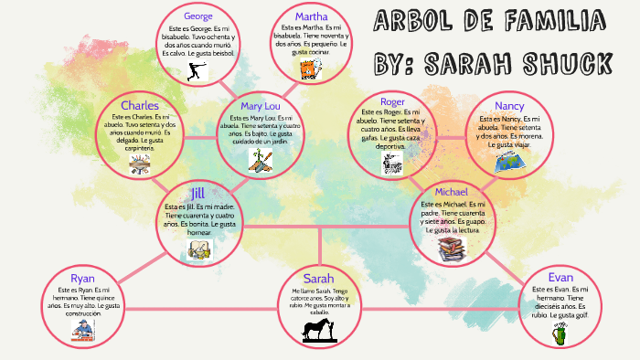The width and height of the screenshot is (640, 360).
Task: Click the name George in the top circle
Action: coord(198,16)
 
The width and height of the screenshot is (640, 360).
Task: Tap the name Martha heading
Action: coord(311,16)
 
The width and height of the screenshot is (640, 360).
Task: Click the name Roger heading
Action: coord(392,101)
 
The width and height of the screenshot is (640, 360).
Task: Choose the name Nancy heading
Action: coord(510,106)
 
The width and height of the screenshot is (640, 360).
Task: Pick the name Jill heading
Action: coord(198,193)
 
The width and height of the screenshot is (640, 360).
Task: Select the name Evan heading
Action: coord(560,277)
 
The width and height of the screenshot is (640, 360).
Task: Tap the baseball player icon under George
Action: coord(195,71)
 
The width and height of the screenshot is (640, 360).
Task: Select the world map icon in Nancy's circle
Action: coord(510,162)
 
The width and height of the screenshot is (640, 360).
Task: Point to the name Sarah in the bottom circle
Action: coord(320,278)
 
